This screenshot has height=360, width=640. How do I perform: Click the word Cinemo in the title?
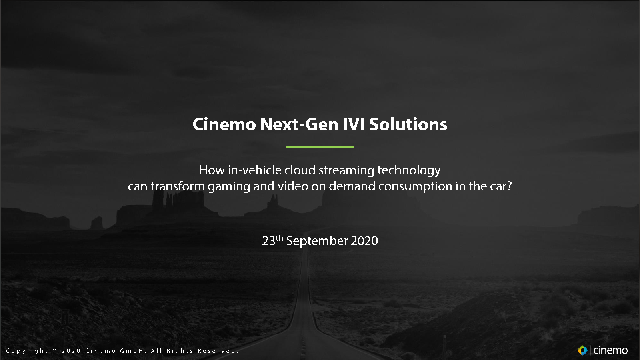click(x=224, y=124)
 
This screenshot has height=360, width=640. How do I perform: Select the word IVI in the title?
click(x=354, y=124)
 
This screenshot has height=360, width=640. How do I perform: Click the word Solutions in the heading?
click(x=408, y=124)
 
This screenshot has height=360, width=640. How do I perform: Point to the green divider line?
click(x=320, y=147)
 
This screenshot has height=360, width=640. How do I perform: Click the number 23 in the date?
click(x=268, y=241)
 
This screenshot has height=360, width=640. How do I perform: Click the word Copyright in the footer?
click(x=27, y=351)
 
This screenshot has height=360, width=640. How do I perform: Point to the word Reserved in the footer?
click(x=218, y=351)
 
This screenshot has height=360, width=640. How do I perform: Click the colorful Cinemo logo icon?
click(x=582, y=350)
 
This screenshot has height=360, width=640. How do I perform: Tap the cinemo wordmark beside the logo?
click(x=610, y=350)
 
